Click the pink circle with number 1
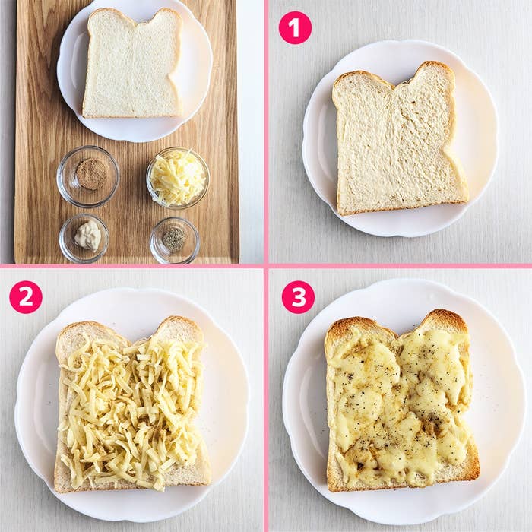point(295,28)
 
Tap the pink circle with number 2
point(26,297)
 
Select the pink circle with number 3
point(298,297)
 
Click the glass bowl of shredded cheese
point(178,178)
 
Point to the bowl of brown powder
point(88,176)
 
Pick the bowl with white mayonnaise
point(84,238)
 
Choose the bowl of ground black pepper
point(175,240)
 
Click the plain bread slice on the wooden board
point(133,63)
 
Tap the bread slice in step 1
point(401,139)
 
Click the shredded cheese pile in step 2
point(131,410)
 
